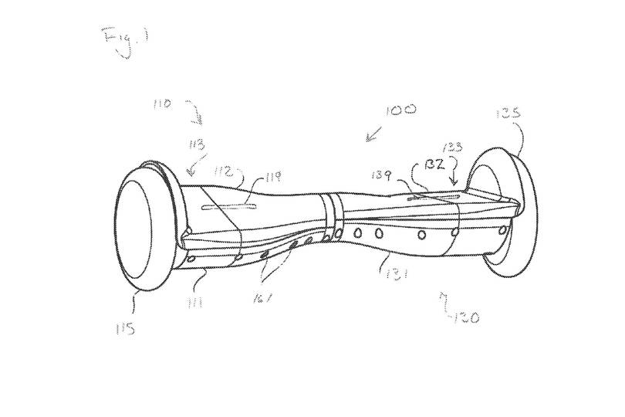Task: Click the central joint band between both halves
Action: [x=329, y=217]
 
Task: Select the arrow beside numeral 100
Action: [x=373, y=134]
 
